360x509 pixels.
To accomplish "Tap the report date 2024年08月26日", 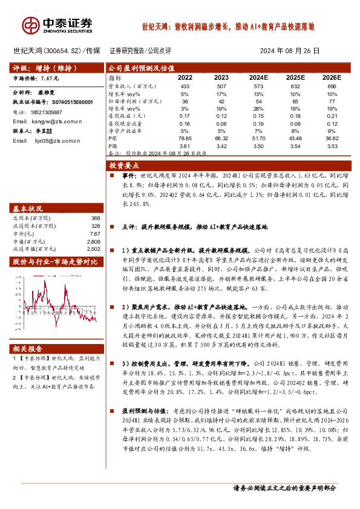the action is tap(289, 51).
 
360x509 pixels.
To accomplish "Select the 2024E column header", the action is tap(258, 77).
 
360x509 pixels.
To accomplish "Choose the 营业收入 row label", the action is tap(127, 87).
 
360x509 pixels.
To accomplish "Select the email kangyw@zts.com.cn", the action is tap(56, 122).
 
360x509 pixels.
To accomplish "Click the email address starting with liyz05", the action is tap(51, 140).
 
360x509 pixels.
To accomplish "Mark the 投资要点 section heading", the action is tap(121, 164).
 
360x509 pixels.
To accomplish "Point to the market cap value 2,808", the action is tap(93, 241).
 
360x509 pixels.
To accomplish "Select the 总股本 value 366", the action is tap(95, 218).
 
